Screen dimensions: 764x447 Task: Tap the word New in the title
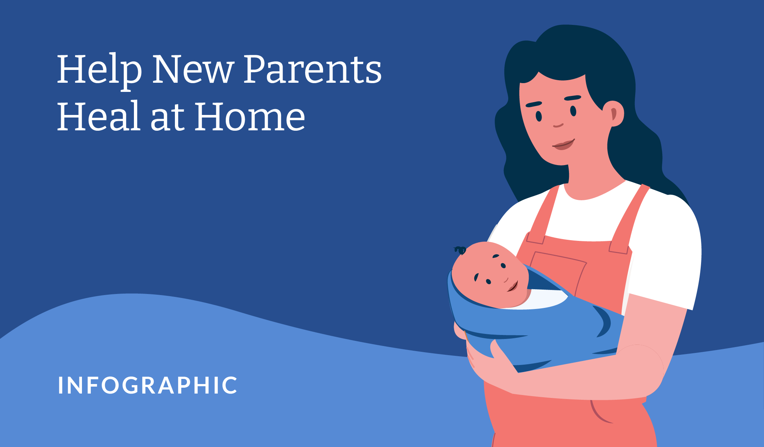tap(193, 69)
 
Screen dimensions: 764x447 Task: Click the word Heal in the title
tap(98, 116)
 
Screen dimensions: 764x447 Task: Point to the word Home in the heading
tap(250, 116)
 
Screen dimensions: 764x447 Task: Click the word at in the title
tap(167, 118)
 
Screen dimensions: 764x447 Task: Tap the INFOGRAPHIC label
tap(148, 385)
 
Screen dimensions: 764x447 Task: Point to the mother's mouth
tap(563, 145)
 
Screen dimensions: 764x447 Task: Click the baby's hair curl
tap(460, 250)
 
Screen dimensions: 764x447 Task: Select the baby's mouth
tap(513, 286)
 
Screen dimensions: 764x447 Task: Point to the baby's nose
tap(506, 280)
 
